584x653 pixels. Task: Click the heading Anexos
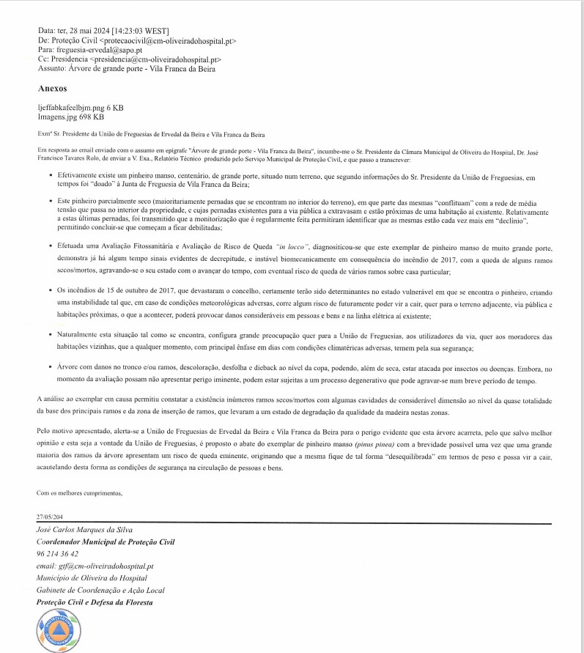coord(52,88)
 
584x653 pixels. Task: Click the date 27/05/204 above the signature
coord(53,516)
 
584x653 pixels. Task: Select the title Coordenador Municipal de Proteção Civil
coord(106,542)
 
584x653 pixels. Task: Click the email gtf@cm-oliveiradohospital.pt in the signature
coord(95,567)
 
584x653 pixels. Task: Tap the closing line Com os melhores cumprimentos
coord(79,492)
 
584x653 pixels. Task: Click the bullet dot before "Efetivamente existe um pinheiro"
coord(50,177)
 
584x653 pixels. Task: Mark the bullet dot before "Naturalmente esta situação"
coord(50,333)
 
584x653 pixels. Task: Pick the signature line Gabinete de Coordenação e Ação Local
coord(100,590)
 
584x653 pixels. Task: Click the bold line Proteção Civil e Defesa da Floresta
coord(95,602)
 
